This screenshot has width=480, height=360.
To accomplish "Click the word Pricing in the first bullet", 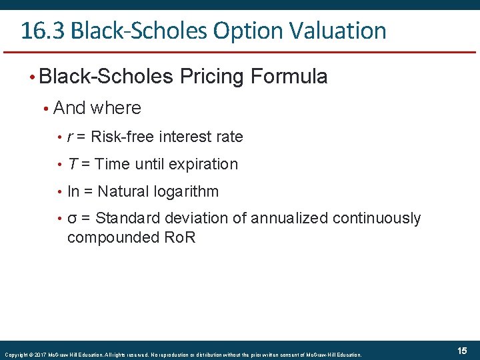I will click(212, 77).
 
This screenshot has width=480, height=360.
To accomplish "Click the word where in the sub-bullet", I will click(114, 108).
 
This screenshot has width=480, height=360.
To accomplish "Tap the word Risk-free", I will click(120, 137).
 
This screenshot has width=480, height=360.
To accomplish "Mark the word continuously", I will click(377, 219).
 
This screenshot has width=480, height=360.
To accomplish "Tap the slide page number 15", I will click(462, 351).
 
